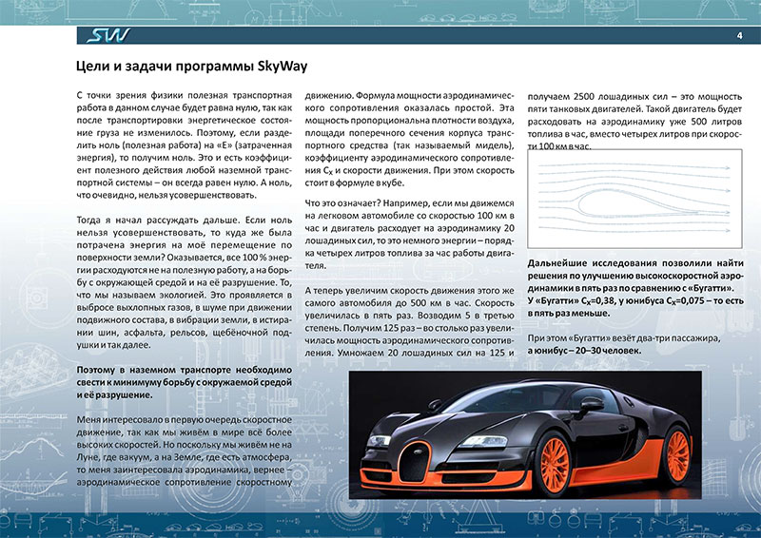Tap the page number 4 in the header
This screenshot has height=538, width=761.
coord(739,36)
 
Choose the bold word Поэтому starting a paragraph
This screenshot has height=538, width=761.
coord(98,368)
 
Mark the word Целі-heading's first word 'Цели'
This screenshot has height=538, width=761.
coord(93,67)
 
